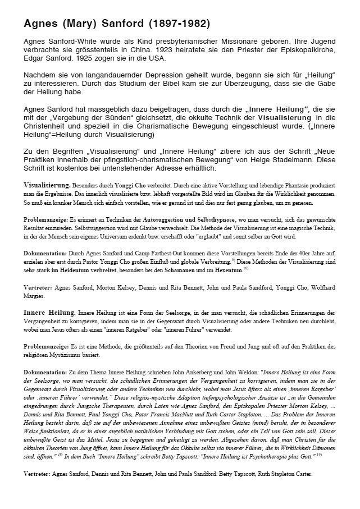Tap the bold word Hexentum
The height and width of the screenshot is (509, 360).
coord(226,270)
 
